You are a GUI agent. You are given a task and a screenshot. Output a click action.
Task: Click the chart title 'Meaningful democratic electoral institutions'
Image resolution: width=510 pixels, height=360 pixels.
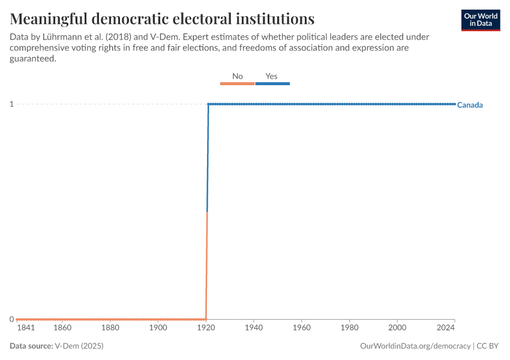coord(162,18)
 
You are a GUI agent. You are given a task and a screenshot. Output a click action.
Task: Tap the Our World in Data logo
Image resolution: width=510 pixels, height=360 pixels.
coord(481,20)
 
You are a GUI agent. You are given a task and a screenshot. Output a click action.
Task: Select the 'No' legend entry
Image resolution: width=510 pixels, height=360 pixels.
coord(238,77)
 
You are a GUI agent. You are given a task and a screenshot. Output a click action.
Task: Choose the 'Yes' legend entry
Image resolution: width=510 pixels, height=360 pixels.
coord(272,77)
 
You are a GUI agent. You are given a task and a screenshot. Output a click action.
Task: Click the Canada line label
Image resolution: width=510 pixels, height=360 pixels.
coord(470,105)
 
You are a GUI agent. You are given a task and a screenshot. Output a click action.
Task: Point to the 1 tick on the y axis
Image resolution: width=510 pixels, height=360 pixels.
coord(11,104)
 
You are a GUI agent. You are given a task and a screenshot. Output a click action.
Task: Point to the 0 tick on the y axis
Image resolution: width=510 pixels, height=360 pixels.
coord(11,319)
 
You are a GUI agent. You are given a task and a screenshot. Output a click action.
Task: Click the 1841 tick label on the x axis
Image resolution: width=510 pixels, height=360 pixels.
coord(26,328)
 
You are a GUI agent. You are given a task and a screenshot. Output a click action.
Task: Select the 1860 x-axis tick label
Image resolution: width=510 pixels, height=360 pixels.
coord(62,328)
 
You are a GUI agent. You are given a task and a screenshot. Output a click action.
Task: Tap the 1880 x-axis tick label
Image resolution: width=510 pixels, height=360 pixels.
coord(110,328)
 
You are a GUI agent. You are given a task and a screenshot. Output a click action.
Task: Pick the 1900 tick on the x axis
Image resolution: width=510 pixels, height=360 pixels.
coord(158,328)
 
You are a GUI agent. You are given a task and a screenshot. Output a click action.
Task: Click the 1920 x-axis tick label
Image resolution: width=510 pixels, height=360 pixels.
coord(206,328)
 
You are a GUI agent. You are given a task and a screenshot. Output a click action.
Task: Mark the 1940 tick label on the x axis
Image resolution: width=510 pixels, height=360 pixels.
coord(254,328)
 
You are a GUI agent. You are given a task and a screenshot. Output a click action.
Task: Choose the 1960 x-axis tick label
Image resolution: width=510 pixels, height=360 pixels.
coord(301,328)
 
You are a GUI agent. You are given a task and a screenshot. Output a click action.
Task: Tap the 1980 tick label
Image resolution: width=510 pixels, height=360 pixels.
coord(349,328)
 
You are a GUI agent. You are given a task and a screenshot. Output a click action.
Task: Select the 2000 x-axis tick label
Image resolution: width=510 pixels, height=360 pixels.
coord(397,328)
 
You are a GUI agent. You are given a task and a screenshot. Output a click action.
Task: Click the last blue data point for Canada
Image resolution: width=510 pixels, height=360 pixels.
coord(454,104)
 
